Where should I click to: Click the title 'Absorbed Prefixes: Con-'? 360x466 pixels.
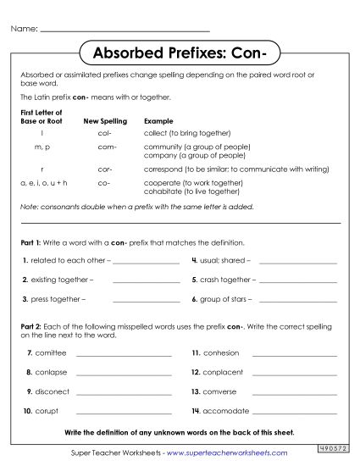[179, 53]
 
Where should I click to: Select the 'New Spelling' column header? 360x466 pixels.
[105, 121]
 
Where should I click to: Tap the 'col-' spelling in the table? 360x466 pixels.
[104, 133]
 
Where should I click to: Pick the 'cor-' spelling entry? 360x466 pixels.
[104, 169]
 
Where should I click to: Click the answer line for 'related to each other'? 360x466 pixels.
[145, 260]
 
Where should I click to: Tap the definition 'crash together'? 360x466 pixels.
[228, 279]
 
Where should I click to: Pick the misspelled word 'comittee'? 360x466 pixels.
[50, 352]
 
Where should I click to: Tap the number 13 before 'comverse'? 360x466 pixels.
[195, 391]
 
